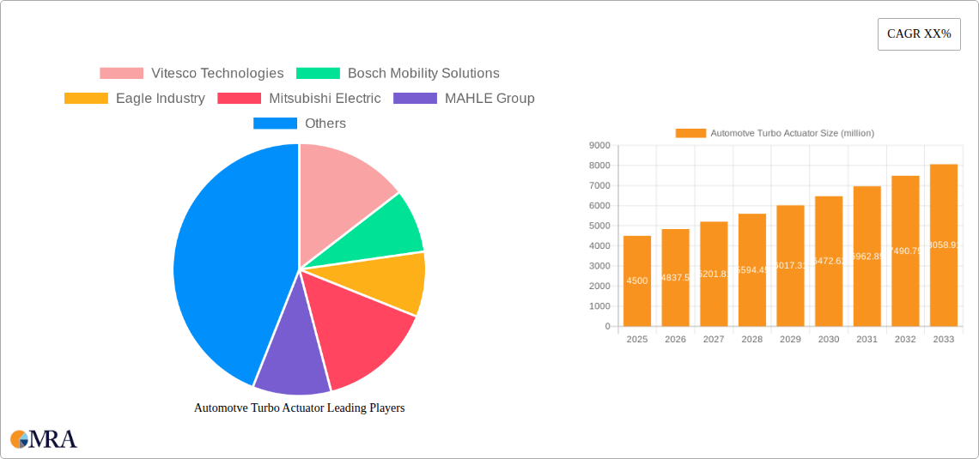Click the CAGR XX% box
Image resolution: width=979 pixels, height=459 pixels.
tap(919, 34)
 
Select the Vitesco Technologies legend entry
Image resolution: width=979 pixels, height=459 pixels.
tap(192, 74)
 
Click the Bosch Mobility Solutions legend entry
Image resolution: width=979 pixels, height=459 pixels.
tap(398, 74)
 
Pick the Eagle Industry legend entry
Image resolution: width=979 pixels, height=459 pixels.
tap(135, 99)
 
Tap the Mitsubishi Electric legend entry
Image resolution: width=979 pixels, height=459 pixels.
tap(299, 99)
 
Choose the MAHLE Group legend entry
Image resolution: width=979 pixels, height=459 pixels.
tap(464, 99)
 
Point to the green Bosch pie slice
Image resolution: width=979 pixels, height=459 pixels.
tap(391, 227)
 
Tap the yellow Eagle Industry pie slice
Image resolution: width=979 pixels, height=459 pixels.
tap(395, 283)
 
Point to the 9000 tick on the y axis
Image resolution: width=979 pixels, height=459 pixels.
tap(599, 146)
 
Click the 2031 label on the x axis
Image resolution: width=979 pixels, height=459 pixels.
tap(867, 340)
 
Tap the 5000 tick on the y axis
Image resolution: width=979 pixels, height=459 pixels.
tap(599, 226)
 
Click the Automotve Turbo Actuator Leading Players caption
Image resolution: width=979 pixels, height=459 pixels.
tap(299, 408)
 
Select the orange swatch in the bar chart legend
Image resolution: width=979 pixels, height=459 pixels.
tap(690, 133)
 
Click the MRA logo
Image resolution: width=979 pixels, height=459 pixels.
tap(44, 439)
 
